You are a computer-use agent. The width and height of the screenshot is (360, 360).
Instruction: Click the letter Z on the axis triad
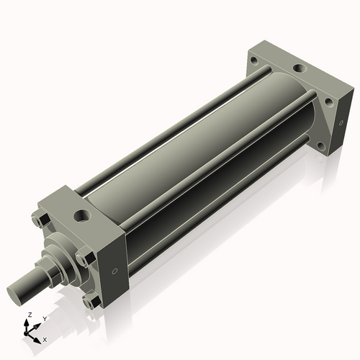28,315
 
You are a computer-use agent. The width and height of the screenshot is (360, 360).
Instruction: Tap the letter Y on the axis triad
44,318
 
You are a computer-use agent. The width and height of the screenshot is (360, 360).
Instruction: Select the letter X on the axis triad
45,338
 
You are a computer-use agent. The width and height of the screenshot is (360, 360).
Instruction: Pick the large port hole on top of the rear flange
300,71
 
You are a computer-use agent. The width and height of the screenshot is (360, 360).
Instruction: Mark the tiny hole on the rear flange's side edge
336,143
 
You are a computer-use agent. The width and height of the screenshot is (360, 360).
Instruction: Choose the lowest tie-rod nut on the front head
89,303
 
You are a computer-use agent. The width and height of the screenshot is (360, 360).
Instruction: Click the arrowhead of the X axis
40,336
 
